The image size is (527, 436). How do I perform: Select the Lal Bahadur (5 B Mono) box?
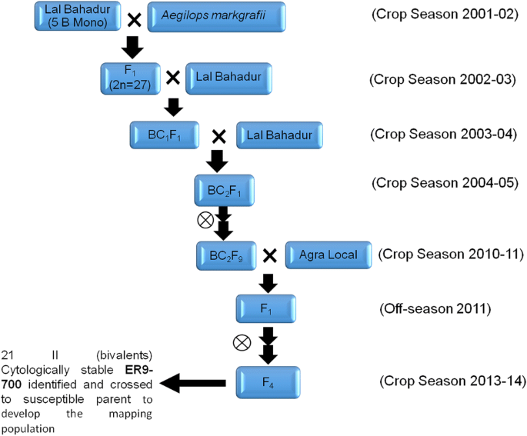coord(75,16)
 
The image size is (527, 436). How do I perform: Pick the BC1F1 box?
coord(164,135)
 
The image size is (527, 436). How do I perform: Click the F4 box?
coord(268,380)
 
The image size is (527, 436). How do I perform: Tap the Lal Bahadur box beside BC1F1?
coord(279,135)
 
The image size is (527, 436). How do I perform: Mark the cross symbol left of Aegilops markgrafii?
coord(134,18)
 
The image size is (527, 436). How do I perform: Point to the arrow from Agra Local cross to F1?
coord(269,282)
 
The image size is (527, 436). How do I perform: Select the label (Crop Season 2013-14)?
coord(453,381)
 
